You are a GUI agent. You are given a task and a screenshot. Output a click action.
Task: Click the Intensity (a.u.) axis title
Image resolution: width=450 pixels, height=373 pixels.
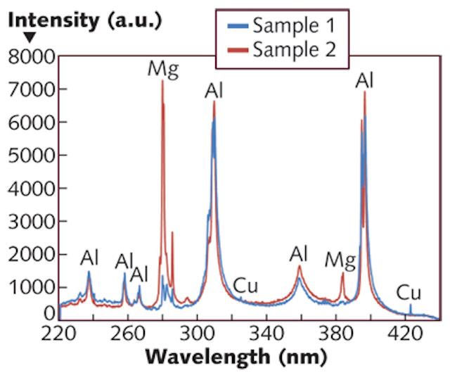(x=84, y=21)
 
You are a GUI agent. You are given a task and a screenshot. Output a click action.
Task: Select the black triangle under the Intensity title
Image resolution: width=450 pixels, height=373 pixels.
(x=14, y=39)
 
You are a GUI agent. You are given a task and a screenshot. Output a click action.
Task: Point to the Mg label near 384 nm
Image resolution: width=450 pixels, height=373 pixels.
(x=340, y=260)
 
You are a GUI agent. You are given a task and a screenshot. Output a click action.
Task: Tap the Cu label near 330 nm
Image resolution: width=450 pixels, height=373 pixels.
(x=245, y=285)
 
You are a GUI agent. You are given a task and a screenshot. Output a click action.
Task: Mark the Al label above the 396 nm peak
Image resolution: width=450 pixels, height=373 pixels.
(x=364, y=80)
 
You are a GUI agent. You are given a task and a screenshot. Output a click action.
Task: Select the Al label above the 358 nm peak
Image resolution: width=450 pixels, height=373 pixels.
(x=300, y=253)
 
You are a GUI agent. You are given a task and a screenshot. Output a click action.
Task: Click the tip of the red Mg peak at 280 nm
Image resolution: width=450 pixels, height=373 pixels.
(x=162, y=81)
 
